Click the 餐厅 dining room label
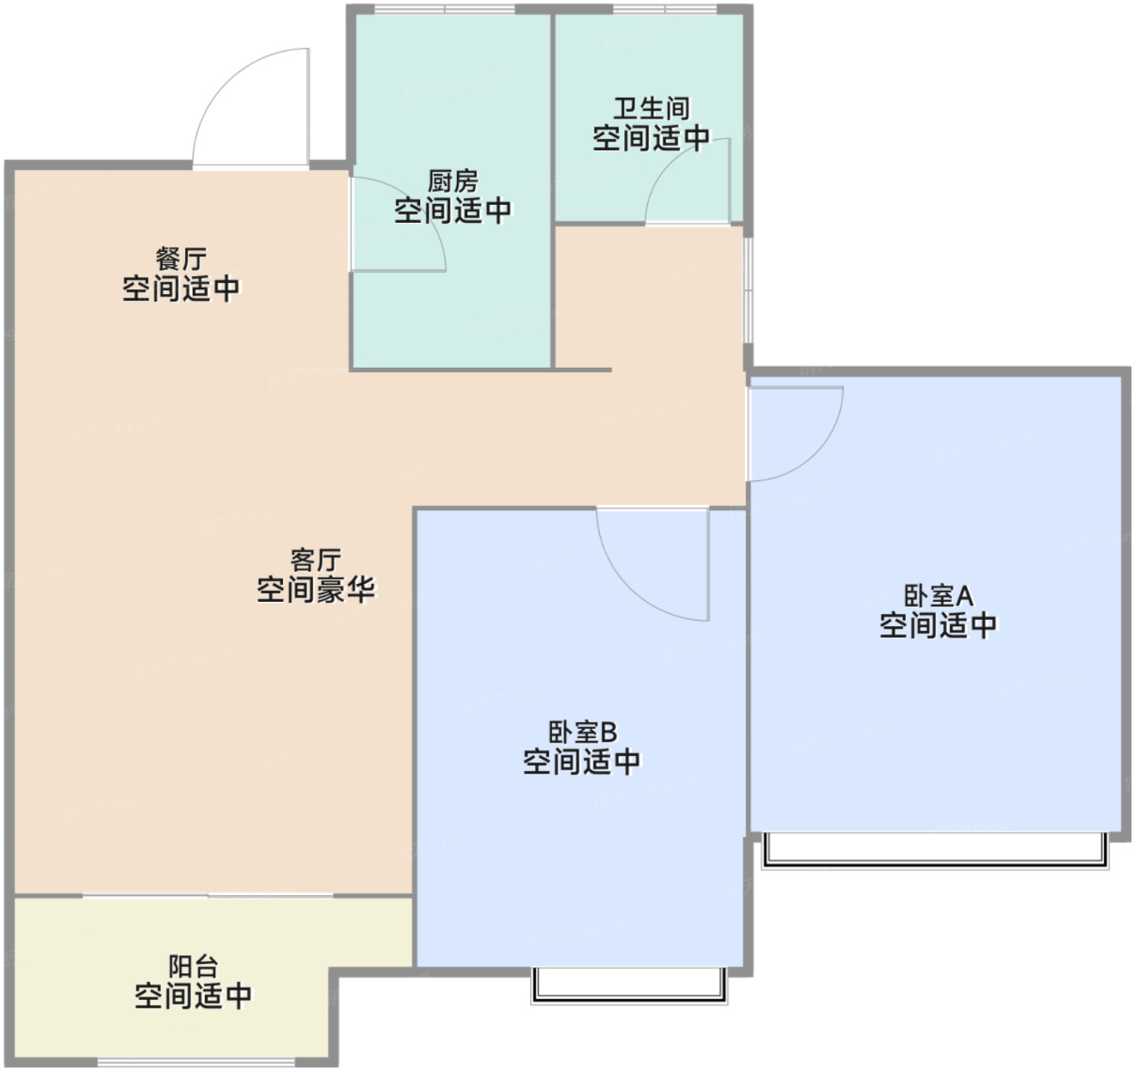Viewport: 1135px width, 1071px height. [181, 260]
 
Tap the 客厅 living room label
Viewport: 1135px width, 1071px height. [315, 561]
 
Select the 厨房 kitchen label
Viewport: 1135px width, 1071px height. [452, 181]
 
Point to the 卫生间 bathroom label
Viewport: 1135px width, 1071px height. [652, 109]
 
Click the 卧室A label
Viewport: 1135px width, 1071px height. [938, 595]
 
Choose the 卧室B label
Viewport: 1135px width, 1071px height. [582, 732]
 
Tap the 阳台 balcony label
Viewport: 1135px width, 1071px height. [193, 966]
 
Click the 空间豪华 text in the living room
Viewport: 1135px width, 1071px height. [315, 590]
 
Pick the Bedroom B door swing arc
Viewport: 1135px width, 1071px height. [628, 588]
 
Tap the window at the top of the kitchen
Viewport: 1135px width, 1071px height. [444, 9]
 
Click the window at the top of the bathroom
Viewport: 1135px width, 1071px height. [665, 9]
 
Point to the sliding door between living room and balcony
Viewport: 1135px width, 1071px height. [208, 896]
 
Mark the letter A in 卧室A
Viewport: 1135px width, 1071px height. [965, 595]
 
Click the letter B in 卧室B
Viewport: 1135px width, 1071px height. [609, 732]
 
